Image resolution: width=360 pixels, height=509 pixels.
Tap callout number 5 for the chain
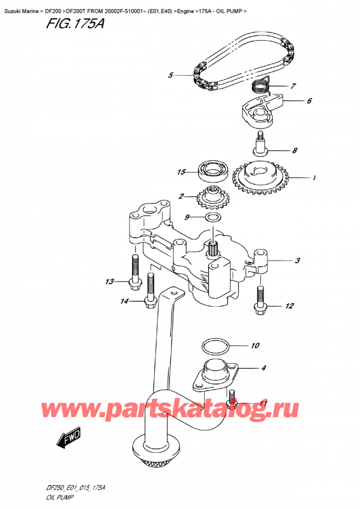(170, 75)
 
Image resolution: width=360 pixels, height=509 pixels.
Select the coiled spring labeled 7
(259, 86)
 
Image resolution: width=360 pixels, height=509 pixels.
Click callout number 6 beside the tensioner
(308, 101)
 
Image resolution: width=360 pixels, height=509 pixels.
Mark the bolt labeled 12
(260, 298)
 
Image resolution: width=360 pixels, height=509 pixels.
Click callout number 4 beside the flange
(263, 368)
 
